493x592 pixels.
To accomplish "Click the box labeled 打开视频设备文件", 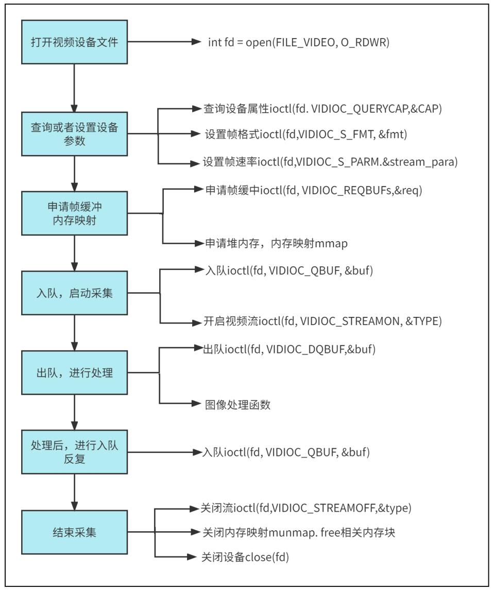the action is click(74, 42).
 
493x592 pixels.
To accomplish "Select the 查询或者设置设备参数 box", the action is click(74, 133).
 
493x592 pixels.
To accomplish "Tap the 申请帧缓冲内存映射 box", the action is click(74, 213).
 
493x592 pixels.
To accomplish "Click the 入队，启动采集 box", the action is click(74, 293).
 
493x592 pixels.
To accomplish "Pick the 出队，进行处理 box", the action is click(74, 373).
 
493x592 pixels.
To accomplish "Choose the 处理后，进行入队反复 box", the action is click(74, 452).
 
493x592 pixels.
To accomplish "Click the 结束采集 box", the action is click(74, 532).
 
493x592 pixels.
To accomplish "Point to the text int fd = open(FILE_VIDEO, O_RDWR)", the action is click(299, 42).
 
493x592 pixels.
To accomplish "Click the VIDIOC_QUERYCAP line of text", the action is click(323, 109).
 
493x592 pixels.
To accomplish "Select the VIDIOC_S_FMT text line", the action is click(306, 134).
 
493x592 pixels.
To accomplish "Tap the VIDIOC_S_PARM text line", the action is click(330, 162).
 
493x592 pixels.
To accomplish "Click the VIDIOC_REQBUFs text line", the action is click(314, 190).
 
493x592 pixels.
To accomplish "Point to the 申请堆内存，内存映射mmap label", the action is click(276, 244).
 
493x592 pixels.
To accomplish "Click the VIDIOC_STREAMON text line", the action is click(323, 322).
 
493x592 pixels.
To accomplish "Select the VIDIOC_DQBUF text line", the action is click(290, 349).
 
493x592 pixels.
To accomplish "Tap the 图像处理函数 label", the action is click(238, 405).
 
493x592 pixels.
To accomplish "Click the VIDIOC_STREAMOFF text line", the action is click(306, 508).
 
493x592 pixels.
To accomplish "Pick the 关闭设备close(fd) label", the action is click(245, 557).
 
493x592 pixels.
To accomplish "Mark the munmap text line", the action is click(299, 533).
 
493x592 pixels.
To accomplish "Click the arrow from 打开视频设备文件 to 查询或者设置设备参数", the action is click(74, 88).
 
